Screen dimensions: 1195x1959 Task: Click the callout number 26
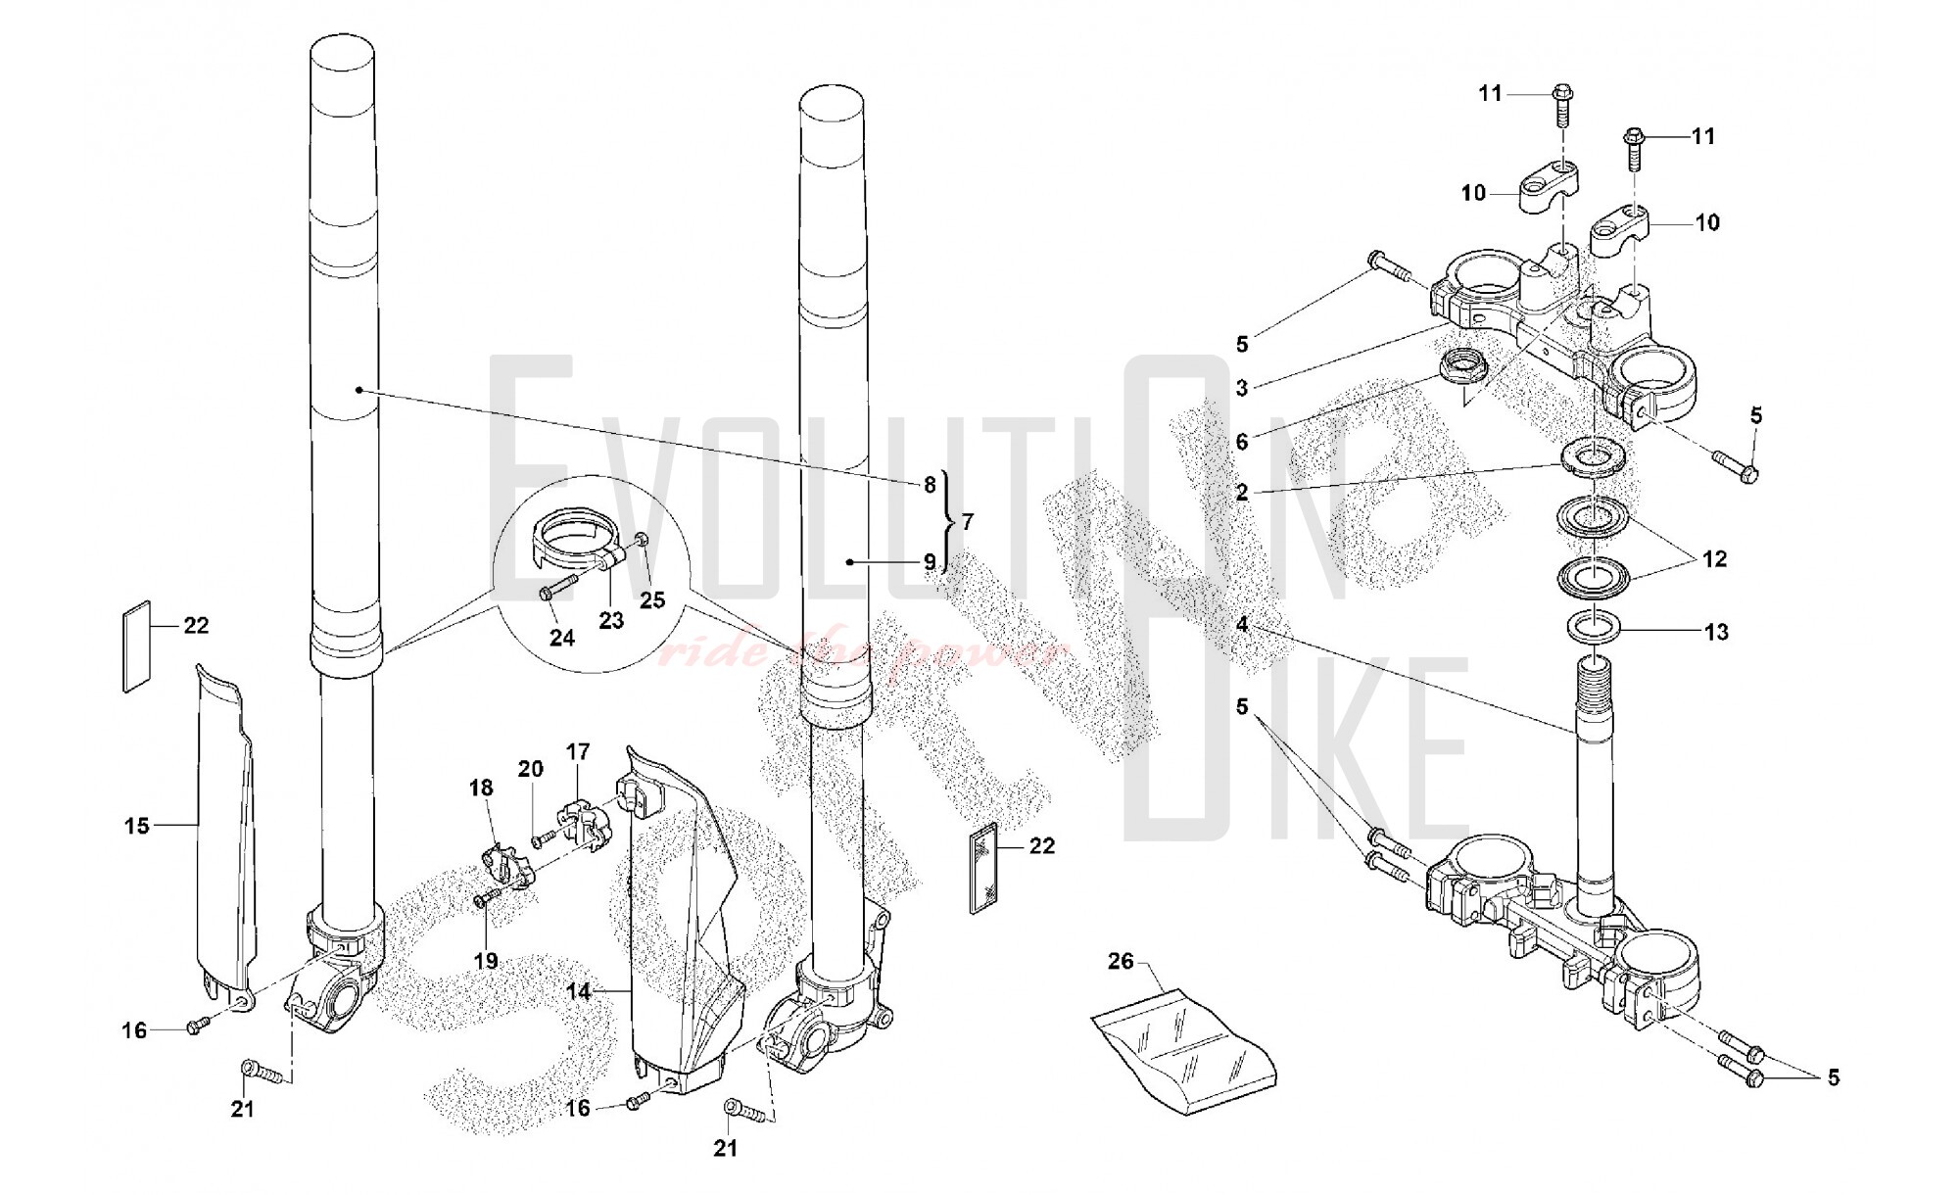click(1121, 961)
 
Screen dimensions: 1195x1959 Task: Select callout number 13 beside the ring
click(1716, 632)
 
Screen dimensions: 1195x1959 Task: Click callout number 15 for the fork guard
click(137, 826)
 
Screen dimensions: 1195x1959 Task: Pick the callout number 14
click(579, 991)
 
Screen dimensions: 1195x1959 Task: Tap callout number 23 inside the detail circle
click(611, 621)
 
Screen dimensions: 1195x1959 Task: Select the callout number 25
click(652, 599)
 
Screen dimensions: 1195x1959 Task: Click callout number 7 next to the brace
click(968, 522)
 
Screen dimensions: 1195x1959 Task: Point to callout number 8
click(929, 485)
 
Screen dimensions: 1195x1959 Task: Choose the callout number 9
click(929, 562)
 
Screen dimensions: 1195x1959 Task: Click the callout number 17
click(578, 752)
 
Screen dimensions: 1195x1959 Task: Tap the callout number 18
click(481, 788)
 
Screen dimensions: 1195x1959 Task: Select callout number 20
click(530, 769)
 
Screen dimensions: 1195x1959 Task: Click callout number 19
click(486, 960)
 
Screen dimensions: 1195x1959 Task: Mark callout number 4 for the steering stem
click(1242, 624)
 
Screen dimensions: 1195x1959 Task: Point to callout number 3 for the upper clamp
click(1242, 388)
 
